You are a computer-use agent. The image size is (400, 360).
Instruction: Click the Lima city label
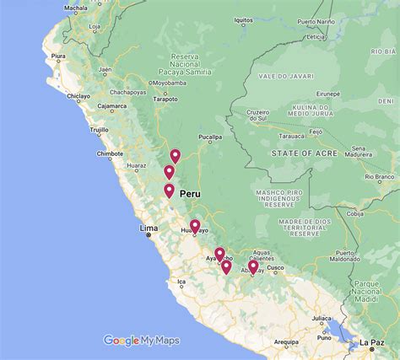point(148,228)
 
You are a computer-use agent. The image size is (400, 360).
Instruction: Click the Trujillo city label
point(100,130)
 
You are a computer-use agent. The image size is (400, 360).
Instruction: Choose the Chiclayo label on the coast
point(78,96)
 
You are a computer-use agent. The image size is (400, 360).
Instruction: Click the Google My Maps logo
point(142,341)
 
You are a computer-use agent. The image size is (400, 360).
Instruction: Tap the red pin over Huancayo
point(195,225)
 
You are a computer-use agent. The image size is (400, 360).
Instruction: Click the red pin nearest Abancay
point(253,267)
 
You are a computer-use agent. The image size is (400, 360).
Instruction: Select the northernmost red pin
point(176,155)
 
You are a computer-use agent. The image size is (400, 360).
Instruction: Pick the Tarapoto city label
point(165,99)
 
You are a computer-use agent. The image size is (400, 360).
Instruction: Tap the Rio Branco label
point(383,177)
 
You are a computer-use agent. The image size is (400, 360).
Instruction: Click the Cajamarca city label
point(111,107)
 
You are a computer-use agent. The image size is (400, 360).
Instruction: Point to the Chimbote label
point(111,153)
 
